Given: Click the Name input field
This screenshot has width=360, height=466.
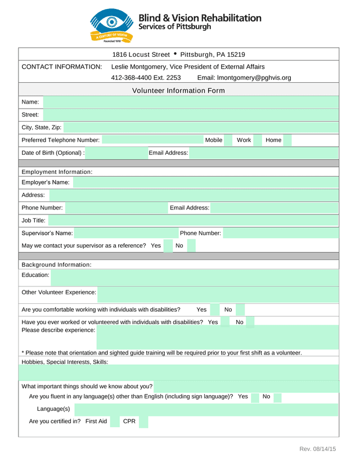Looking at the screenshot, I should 191,102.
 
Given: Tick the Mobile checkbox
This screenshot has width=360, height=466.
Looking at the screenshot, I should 228,140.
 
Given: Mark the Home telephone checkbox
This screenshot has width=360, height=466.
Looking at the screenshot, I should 287,140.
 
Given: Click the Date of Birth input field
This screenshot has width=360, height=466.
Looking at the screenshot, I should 116,153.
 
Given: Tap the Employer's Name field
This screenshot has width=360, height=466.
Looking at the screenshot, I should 206,182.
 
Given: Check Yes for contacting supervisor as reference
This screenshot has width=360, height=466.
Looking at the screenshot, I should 168,246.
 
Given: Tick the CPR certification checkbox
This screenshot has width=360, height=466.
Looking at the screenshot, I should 143,422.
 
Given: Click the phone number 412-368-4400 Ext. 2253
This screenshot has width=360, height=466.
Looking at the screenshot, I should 146,78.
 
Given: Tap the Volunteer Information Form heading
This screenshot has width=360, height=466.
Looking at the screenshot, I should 178,91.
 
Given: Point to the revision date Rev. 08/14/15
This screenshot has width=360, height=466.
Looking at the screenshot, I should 317,449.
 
